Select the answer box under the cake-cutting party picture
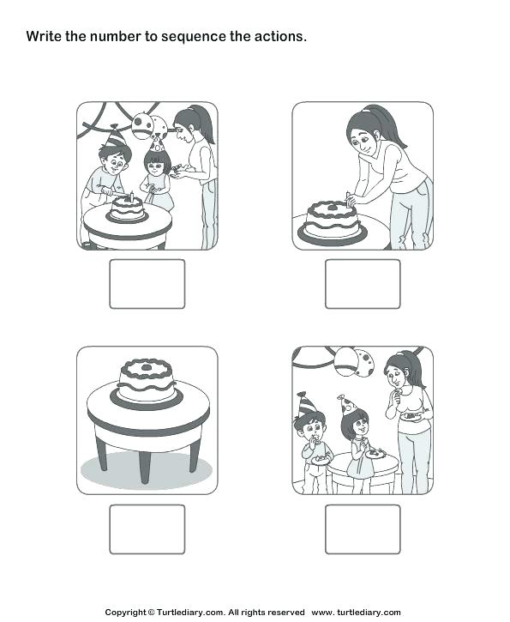[x=147, y=284]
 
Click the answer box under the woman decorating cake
[x=363, y=284]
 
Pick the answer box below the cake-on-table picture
[x=147, y=528]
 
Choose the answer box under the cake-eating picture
[x=363, y=528]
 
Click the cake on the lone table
[x=146, y=380]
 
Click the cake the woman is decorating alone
[x=333, y=220]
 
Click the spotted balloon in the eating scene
[x=363, y=361]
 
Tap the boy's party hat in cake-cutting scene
[x=116, y=136]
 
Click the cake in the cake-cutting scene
[x=127, y=207]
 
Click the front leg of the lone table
[x=142, y=464]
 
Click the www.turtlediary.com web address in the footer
[x=356, y=612]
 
